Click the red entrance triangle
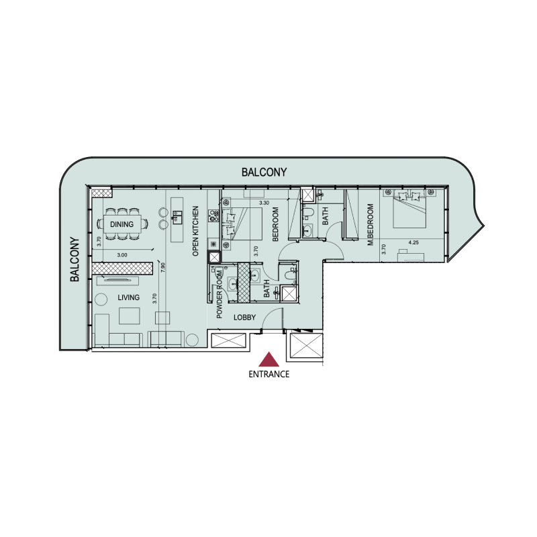click(268, 360)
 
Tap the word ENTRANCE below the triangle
click(268, 375)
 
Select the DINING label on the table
click(122, 224)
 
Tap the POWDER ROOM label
click(219, 293)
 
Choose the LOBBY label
click(245, 318)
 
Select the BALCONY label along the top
click(264, 173)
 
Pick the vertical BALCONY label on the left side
click(75, 258)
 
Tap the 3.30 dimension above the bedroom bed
click(264, 203)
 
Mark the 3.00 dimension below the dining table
click(121, 254)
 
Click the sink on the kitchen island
click(179, 216)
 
